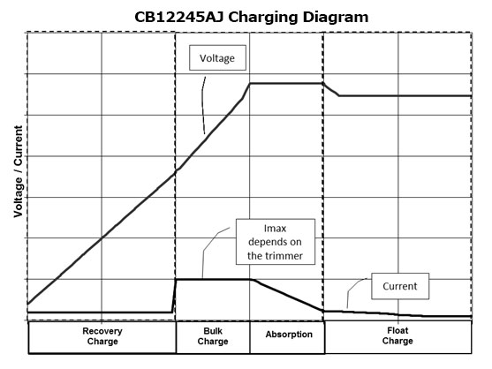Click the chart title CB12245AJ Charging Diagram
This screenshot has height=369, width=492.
tap(252, 17)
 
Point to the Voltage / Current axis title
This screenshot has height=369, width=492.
tap(19, 171)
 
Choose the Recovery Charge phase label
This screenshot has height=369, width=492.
tap(102, 336)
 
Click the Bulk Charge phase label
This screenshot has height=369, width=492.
tap(213, 336)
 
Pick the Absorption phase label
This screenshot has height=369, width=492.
tap(289, 335)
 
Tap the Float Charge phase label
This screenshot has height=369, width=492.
tap(397, 335)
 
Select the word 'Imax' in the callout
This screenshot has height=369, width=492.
tap(275, 229)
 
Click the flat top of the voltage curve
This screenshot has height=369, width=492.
tap(286, 83)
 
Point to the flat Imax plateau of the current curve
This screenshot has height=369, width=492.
tap(214, 279)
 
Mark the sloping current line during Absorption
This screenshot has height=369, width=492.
tap(287, 295)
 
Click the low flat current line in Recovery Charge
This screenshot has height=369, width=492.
tap(100, 313)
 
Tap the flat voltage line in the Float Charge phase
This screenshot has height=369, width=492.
tap(405, 95)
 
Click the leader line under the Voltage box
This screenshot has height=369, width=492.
tap(203, 105)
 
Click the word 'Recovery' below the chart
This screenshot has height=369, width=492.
tap(102, 331)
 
